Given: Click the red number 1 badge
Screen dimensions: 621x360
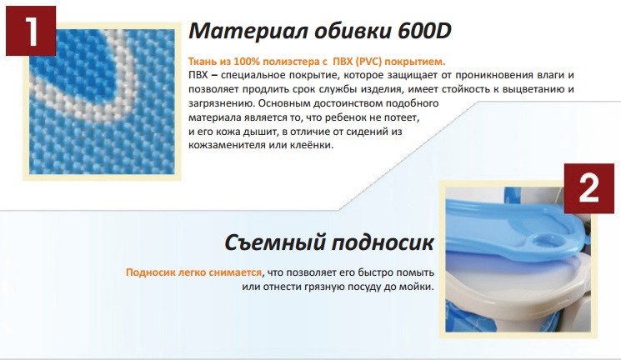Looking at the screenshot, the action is [x=31, y=31].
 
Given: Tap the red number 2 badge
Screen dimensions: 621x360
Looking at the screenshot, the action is [x=589, y=188].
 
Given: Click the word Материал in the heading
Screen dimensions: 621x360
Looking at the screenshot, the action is [x=248, y=31].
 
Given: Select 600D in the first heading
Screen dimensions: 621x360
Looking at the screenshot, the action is [x=424, y=31].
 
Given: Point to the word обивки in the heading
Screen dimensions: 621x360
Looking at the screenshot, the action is [x=353, y=31].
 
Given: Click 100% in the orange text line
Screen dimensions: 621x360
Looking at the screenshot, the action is [x=246, y=62].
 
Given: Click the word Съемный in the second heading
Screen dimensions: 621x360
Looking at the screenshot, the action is [x=274, y=242].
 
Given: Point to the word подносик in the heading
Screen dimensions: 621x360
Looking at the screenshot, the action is [x=382, y=242].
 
